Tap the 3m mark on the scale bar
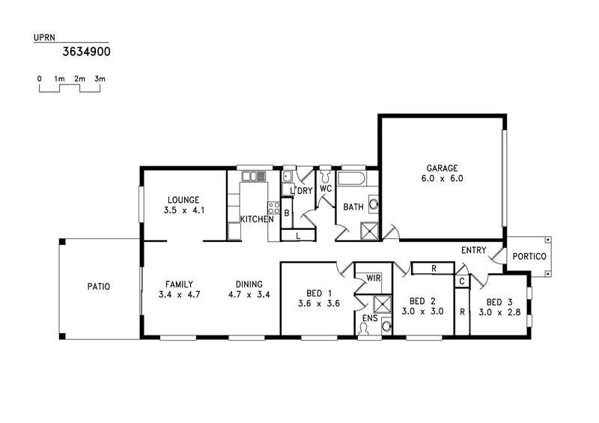pos(100,79)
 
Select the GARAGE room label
pos(442,168)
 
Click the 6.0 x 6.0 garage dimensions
pos(442,179)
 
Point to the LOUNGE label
pos(183,200)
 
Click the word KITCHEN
pos(256,219)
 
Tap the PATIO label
pos(98,286)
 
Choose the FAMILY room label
pos(180,284)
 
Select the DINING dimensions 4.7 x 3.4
pos(249,295)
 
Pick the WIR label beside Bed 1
pos(374,279)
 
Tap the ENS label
pos(370,318)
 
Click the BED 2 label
pos(418,300)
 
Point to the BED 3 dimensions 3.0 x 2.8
pos(494,311)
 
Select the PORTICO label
pos(529,257)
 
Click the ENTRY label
pos(473,250)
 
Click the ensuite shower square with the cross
pos(383,304)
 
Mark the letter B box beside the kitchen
pos(287,213)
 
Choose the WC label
pos(326,189)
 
